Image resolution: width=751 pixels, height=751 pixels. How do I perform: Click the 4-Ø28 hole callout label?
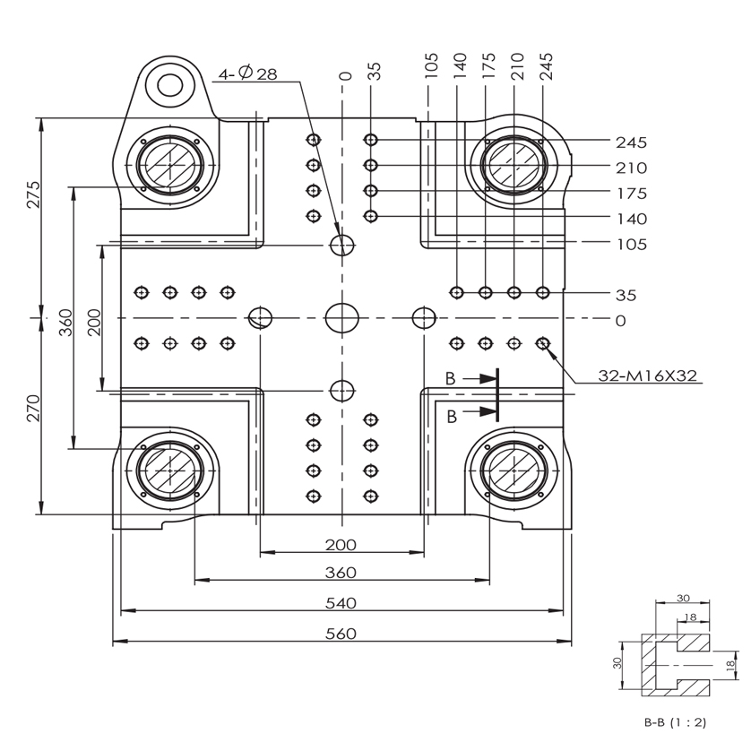tap(247, 73)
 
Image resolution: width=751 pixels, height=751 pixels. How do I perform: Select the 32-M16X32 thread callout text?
tap(648, 375)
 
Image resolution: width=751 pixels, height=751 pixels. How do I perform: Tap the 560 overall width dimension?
tap(341, 634)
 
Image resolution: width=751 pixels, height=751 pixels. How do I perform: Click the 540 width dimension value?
tap(341, 603)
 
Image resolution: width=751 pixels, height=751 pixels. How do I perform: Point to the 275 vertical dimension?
tap(33, 194)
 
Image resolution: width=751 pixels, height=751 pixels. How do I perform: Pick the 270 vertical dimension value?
tap(33, 408)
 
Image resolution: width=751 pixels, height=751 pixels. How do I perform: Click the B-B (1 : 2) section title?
tap(675, 722)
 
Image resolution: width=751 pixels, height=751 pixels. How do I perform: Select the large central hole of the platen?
tap(342, 317)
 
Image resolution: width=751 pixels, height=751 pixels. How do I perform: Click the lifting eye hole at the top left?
tap(170, 86)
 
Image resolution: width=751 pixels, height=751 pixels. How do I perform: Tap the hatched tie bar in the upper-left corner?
tap(170, 165)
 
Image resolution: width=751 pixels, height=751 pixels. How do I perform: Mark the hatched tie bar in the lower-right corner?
tap(514, 470)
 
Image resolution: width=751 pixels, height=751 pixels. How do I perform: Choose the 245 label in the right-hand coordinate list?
tap(631, 142)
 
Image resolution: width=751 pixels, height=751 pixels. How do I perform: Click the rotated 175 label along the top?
tap(488, 65)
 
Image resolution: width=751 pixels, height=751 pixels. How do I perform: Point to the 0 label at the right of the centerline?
tap(621, 321)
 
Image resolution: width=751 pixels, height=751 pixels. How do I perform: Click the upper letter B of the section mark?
tap(450, 379)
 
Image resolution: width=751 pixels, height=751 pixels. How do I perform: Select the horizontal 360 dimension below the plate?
tap(341, 573)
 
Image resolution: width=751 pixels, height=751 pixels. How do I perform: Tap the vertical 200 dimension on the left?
tap(95, 322)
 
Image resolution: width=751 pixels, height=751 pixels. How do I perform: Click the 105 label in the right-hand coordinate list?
tap(631, 245)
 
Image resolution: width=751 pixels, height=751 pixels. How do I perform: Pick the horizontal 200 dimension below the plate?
tap(341, 545)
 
